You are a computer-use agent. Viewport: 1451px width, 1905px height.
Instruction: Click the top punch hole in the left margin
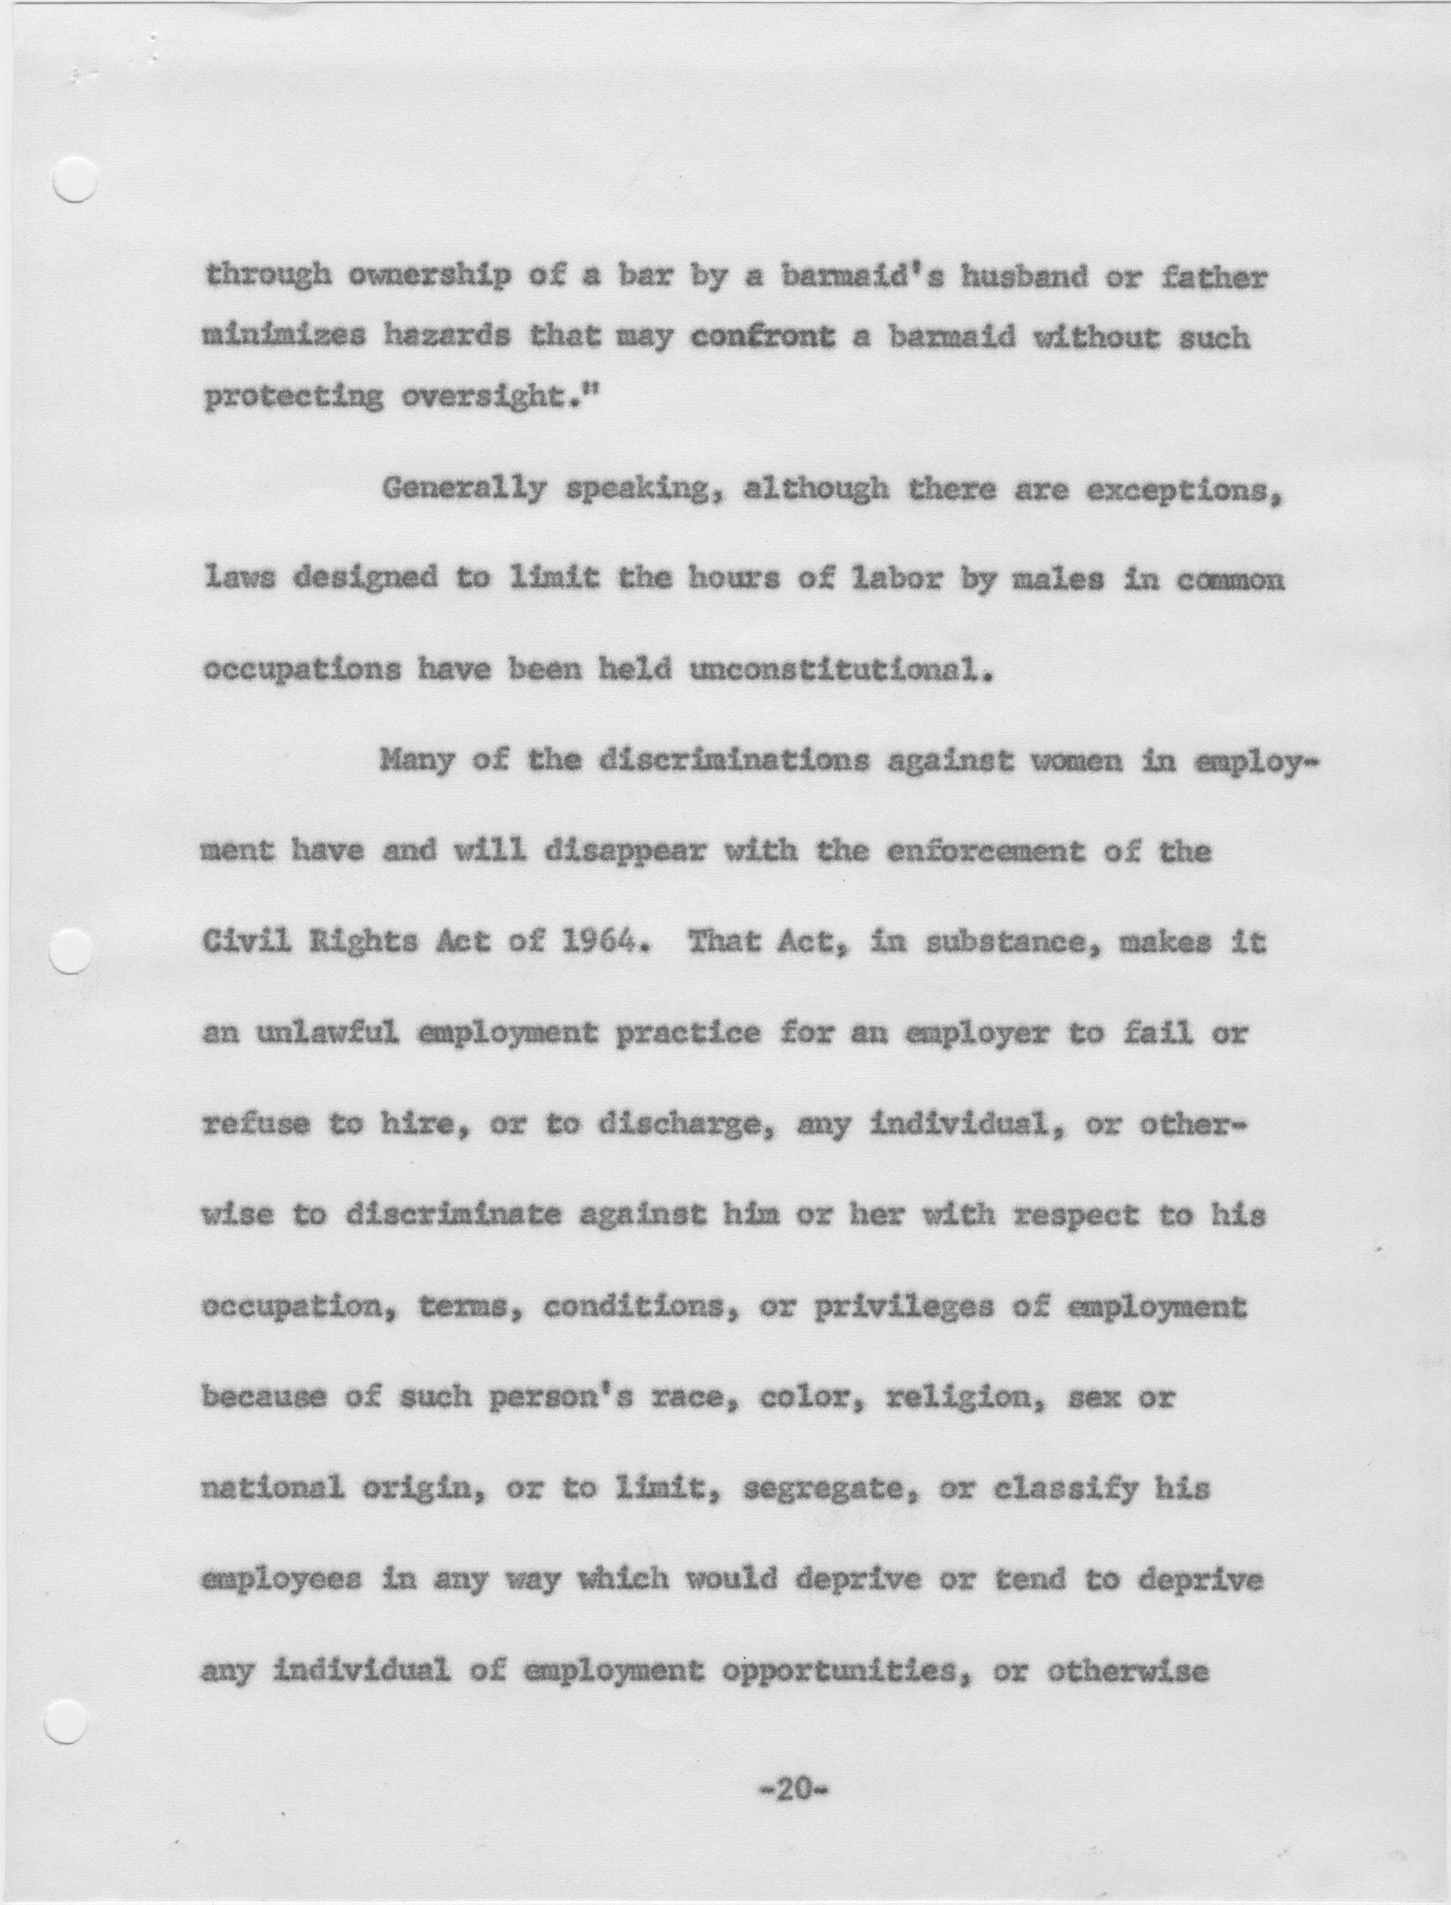click(74, 179)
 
